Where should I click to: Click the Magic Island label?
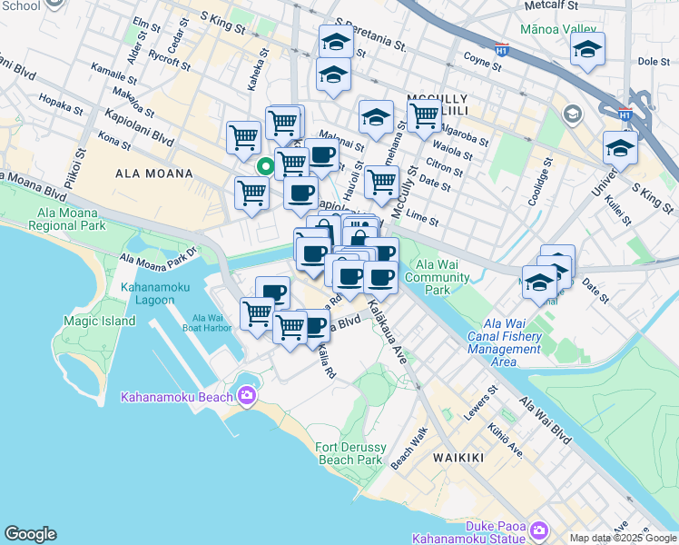[x=100, y=321]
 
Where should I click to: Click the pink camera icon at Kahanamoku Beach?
[x=246, y=395]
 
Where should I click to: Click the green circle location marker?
[x=265, y=166]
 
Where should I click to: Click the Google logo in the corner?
[x=30, y=534]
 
